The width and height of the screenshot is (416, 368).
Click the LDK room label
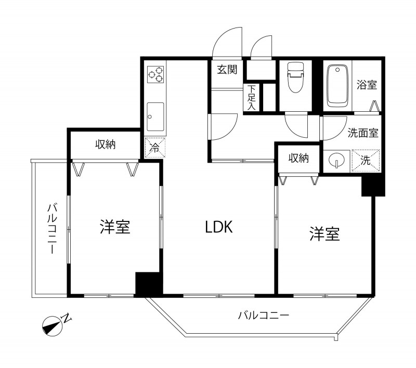(x=218, y=227)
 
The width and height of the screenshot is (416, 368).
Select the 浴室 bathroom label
(x=367, y=85)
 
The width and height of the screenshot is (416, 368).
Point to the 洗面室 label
(x=362, y=133)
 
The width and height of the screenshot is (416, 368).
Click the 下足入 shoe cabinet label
(x=252, y=98)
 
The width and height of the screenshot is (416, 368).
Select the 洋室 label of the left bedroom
(x=115, y=227)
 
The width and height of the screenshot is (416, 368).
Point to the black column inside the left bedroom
(x=149, y=284)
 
